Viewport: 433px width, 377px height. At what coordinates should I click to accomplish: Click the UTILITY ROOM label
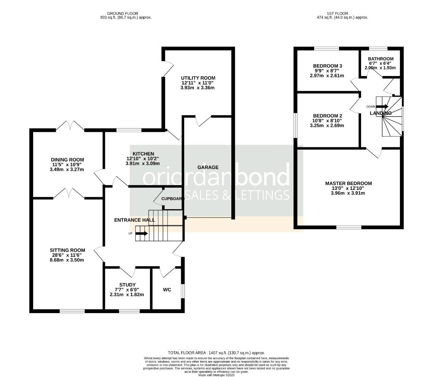pos(198,78)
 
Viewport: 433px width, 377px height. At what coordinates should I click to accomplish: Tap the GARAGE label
pos(208,167)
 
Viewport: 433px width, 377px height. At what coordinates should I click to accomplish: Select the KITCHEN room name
pos(143,154)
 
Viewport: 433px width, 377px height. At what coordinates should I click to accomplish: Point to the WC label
pos(167,290)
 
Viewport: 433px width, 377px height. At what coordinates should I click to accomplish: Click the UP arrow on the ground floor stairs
pos(142,233)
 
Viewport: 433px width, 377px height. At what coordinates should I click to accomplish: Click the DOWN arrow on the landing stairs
pos(382,106)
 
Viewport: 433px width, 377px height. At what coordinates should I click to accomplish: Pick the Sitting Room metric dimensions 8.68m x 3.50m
pos(67,260)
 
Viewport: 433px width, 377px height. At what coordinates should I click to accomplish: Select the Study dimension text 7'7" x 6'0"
pos(127,290)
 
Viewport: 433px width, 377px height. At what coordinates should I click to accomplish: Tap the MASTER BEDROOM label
pos(348,183)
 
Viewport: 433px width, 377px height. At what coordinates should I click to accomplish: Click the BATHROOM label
pos(381,59)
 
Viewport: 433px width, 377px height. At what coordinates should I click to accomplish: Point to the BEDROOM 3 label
pos(328,66)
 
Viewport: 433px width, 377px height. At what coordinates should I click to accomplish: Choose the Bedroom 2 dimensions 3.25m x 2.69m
pos(327,126)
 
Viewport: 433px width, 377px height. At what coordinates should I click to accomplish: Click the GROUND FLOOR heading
pos(122,14)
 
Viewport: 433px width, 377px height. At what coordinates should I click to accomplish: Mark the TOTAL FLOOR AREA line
pos(216,353)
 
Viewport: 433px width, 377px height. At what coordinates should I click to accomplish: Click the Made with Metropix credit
pos(216,375)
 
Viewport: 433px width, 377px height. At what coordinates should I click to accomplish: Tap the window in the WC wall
pos(183,291)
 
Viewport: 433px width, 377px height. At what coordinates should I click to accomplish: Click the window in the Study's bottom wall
pos(129,311)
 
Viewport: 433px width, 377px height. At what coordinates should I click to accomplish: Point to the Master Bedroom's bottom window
pos(349,227)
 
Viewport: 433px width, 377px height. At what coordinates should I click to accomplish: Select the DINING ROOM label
pos(67,160)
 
